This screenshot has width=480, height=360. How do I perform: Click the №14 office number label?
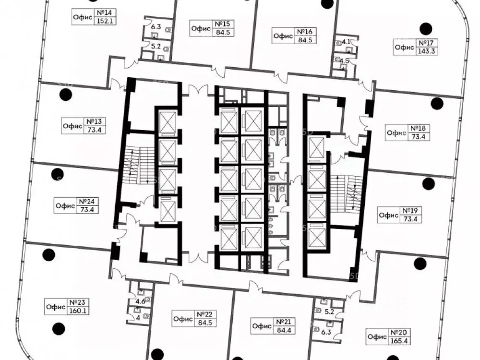105,13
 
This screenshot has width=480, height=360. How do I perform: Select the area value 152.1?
105,21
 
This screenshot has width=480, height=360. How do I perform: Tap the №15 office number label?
223,24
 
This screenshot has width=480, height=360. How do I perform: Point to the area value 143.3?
426,51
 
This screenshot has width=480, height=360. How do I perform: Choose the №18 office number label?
418,128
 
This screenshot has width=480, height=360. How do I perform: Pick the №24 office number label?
87,202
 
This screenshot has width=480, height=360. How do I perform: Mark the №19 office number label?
410,211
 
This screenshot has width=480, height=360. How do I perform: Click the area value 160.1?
78,311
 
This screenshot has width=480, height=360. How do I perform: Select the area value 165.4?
399,340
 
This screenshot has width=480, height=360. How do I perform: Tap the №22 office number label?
205,314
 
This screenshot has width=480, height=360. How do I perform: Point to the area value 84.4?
284,330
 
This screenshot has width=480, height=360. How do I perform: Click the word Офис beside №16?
283,36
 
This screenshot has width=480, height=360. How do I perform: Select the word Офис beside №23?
56,306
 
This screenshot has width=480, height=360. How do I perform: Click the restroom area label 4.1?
346,42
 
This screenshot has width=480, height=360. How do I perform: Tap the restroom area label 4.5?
344,60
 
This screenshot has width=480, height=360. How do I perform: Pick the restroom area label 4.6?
141,301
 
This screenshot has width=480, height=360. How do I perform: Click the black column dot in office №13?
65,95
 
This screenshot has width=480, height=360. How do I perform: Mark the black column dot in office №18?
437,104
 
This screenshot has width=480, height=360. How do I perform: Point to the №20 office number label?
399,333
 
